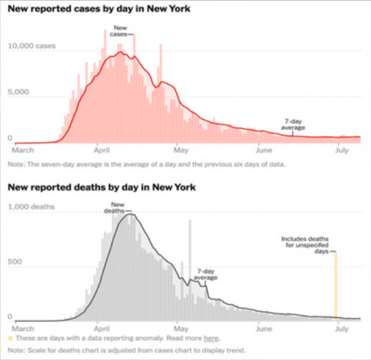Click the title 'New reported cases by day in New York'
99,9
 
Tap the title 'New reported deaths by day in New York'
102,187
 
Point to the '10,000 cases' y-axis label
32,46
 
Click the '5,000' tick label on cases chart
18,92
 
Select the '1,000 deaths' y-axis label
31,206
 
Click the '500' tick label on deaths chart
15,261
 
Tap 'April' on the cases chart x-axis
102,150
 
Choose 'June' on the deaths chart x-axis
264,328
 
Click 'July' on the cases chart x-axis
342,150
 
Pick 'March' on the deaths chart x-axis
23,328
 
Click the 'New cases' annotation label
120,31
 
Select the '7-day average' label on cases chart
293,124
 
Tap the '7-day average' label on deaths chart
205,274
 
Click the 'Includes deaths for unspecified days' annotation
305,245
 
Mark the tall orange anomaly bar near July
336,286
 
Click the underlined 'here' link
211,338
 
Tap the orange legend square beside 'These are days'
10,338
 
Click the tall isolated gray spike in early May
190,270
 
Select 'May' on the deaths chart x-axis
181,328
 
